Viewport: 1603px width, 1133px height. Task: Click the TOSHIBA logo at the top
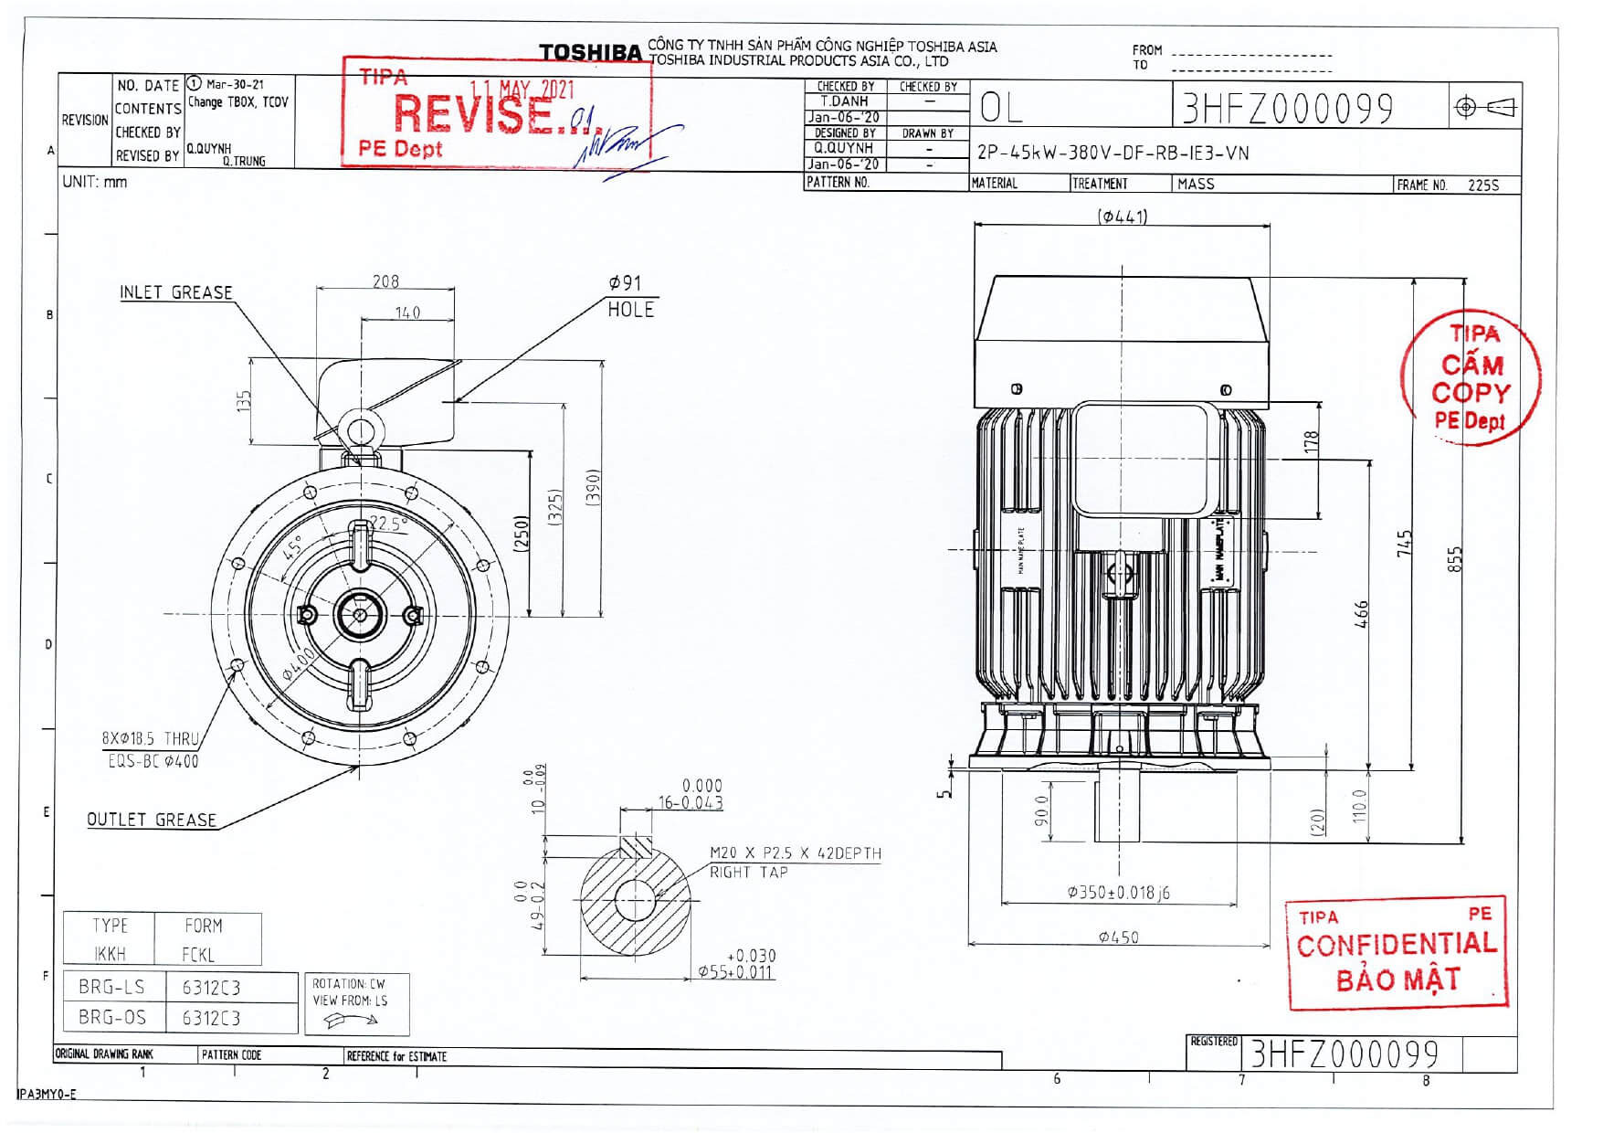click(x=590, y=53)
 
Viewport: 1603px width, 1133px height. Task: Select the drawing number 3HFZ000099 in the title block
click(x=1287, y=109)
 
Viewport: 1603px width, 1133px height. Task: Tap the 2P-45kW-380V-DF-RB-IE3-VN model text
click(x=1113, y=153)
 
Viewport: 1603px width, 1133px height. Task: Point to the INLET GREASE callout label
click(x=176, y=292)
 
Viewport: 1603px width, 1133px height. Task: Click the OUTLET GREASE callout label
click(x=152, y=820)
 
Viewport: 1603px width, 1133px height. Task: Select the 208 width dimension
click(x=385, y=281)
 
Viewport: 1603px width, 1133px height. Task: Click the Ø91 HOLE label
click(x=630, y=296)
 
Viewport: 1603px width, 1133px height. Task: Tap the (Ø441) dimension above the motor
click(x=1123, y=217)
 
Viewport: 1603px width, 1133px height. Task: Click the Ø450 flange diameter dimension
click(x=1118, y=937)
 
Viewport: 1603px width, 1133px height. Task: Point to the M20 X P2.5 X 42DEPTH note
click(x=796, y=853)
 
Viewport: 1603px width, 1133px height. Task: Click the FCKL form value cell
click(x=198, y=954)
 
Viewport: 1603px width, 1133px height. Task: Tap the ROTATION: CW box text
click(x=349, y=984)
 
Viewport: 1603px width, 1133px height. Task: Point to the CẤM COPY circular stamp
click(x=1470, y=378)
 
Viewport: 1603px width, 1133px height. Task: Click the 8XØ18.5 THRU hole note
click(x=150, y=738)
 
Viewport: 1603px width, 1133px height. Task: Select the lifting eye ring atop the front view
click(x=360, y=432)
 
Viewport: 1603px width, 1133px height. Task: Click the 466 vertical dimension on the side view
click(x=1360, y=614)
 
